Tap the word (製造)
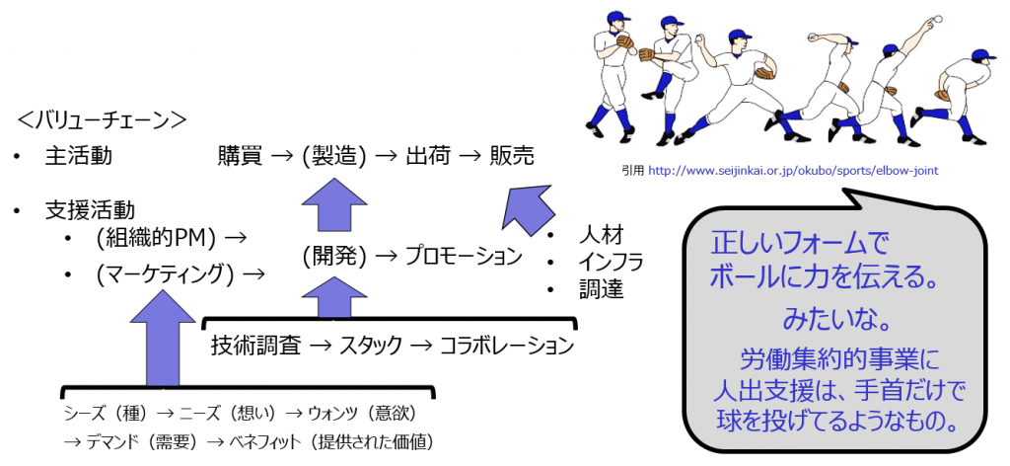(x=334, y=155)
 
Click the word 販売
(x=512, y=155)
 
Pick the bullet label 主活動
(x=79, y=156)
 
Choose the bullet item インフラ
(x=611, y=263)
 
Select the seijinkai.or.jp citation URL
(x=804, y=170)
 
